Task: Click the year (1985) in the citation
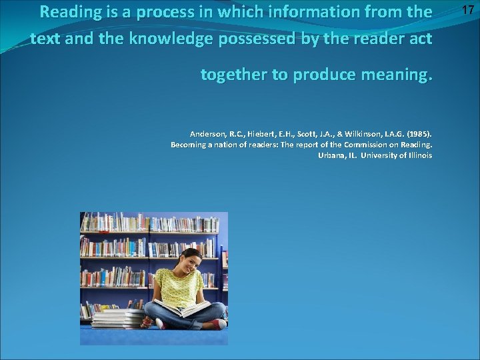(418, 133)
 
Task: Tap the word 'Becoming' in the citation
(190, 144)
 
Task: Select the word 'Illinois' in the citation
(417, 155)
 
